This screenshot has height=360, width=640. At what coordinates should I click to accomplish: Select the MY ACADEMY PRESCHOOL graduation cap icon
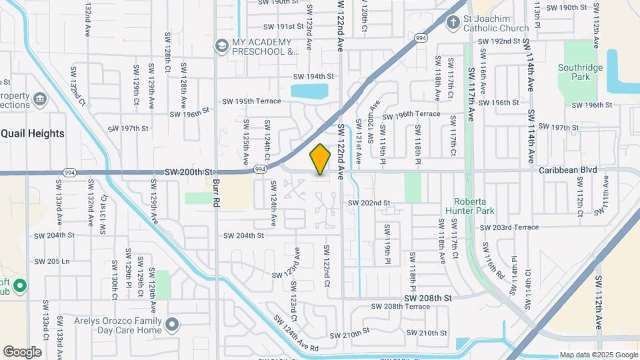[221, 45]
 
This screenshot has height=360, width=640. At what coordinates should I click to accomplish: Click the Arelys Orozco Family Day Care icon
[173, 325]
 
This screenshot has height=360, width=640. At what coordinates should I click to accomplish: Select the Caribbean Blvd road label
[568, 170]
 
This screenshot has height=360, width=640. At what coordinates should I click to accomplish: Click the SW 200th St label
[188, 172]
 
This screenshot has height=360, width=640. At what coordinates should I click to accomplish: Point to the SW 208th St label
[428, 297]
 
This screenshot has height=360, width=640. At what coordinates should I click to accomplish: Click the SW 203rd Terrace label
[509, 227]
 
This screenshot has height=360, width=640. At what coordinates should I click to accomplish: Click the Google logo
[22, 351]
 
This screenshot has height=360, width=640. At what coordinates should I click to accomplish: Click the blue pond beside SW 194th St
[310, 91]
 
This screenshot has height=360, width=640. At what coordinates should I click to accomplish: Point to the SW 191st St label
[283, 27]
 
